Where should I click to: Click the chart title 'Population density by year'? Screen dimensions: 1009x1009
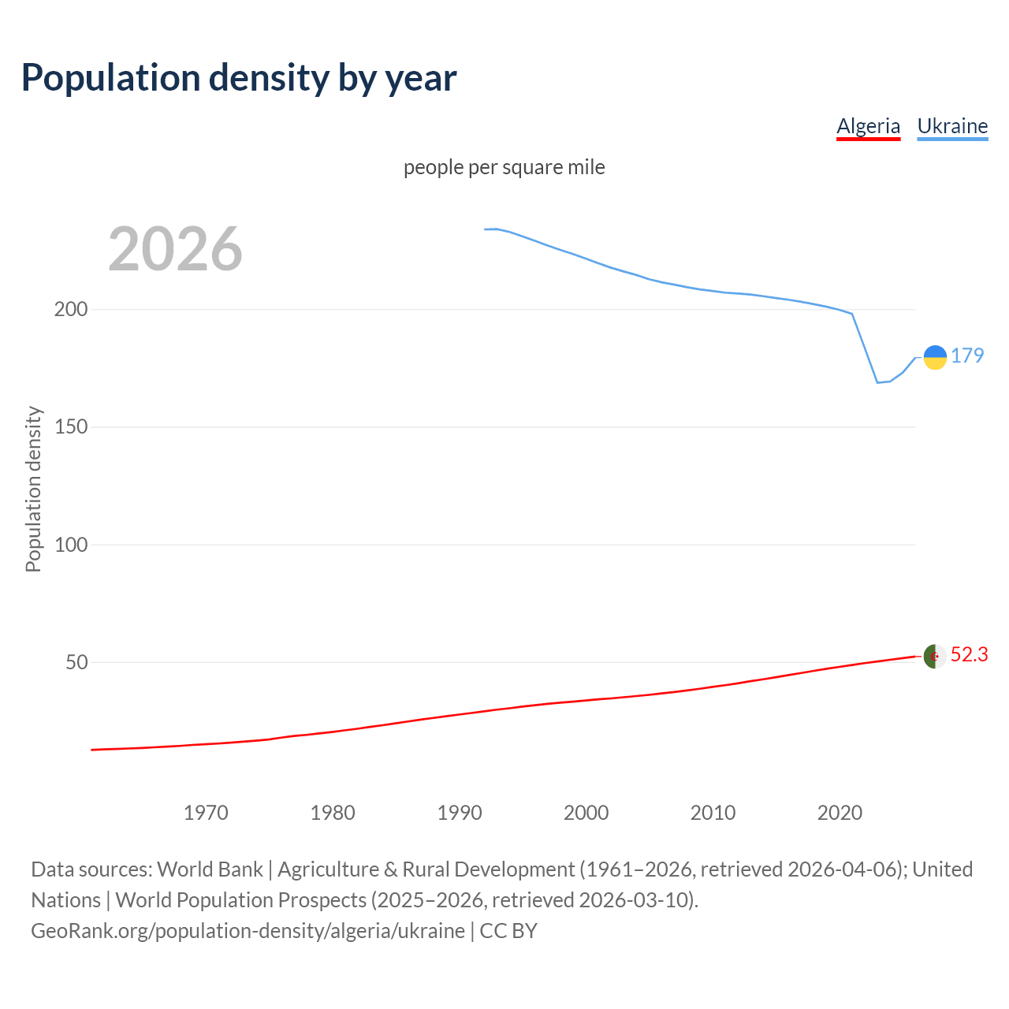coord(239,77)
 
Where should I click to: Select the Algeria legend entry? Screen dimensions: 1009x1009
coord(868,126)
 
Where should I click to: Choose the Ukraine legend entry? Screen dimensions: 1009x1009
coord(952,126)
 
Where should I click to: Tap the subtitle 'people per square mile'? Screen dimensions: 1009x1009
coord(504,167)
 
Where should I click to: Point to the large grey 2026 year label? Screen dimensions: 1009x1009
coord(175,249)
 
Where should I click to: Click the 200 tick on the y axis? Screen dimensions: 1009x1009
coord(71,309)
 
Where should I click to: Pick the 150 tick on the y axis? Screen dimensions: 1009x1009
coord(71,426)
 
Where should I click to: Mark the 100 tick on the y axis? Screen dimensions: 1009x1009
coord(71,545)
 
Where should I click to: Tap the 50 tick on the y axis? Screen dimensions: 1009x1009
coord(76,662)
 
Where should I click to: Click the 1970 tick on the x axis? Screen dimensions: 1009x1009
coord(206,813)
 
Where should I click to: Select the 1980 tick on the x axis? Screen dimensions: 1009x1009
coord(333,813)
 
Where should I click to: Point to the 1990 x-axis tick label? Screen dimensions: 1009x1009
coord(460,813)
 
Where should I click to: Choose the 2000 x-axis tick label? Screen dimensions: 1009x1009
coord(586,813)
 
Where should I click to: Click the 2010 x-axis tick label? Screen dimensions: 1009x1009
coord(713,813)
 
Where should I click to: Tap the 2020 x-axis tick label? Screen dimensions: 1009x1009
coord(840,813)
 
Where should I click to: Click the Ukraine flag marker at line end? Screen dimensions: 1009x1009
coord(935,357)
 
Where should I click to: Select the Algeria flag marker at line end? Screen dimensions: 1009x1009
coord(935,656)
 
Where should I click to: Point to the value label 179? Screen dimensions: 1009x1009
coord(967,356)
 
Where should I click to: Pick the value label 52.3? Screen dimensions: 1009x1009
coord(969,654)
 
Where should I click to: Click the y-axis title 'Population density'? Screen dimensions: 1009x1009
coord(33,489)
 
